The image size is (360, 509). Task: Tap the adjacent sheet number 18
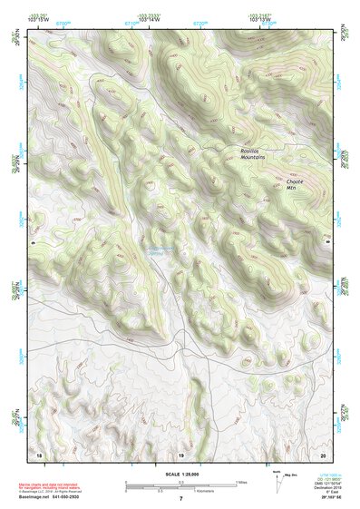coord(40,455)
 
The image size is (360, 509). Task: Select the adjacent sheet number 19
coord(180,455)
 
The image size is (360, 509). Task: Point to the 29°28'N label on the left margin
coord(14,289)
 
